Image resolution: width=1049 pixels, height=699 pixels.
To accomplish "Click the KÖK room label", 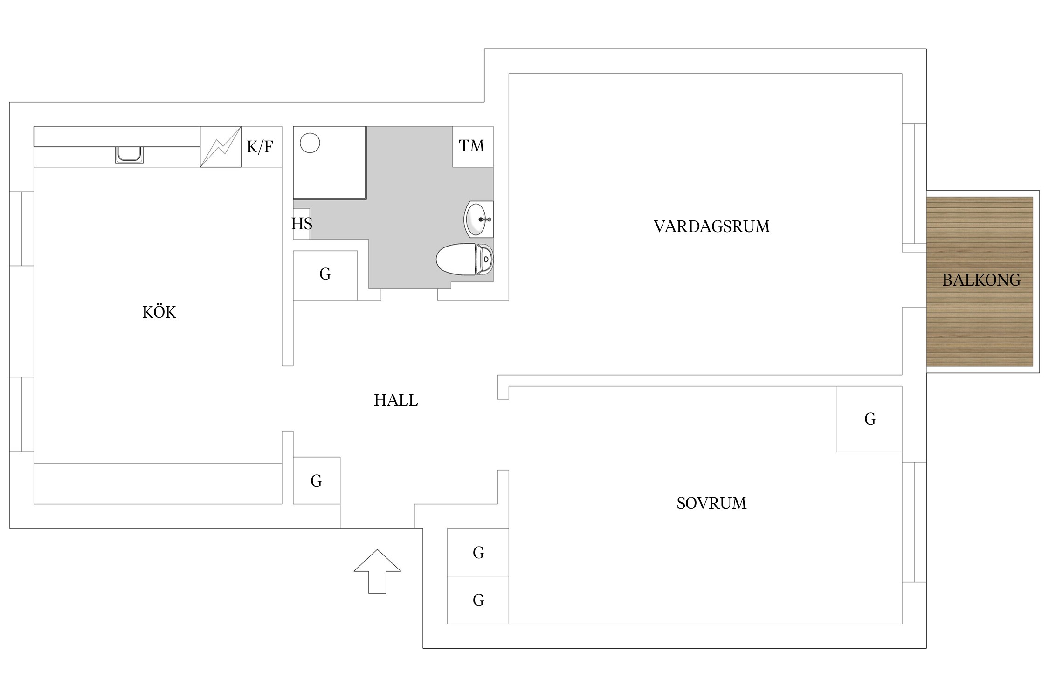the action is (159, 312).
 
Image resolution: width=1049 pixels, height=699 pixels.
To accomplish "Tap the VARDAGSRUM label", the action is (711, 226).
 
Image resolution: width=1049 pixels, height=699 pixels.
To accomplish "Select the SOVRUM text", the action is (711, 503).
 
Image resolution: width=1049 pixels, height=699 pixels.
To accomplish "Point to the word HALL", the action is (396, 400).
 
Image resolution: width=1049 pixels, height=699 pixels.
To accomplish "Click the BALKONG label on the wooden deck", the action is (981, 280).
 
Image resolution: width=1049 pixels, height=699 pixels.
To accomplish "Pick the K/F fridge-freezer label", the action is (260, 147).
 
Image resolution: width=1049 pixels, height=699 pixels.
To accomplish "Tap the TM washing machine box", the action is (473, 146).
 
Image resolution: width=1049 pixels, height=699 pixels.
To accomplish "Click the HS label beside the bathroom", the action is (302, 224).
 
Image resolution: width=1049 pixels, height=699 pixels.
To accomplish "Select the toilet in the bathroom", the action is (464, 259).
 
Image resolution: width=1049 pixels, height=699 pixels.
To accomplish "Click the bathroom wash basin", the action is (479, 219).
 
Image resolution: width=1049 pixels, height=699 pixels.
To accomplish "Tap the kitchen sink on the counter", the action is (129, 155).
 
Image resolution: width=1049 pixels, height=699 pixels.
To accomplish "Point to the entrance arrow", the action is (377, 571).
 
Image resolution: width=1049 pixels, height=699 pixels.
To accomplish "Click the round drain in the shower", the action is (310, 143).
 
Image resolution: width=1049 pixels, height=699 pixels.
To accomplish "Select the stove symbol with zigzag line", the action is (221, 147).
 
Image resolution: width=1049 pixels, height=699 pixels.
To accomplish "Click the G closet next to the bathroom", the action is (325, 275).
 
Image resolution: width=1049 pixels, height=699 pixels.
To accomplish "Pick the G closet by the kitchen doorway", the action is (317, 480).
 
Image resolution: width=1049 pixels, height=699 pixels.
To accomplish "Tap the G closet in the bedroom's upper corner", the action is (869, 419).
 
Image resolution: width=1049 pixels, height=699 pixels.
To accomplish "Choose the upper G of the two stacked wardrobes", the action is (478, 552).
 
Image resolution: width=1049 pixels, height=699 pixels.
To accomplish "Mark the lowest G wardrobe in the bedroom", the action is (478, 600).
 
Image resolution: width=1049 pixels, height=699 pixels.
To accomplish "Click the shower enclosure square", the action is (330, 163).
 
